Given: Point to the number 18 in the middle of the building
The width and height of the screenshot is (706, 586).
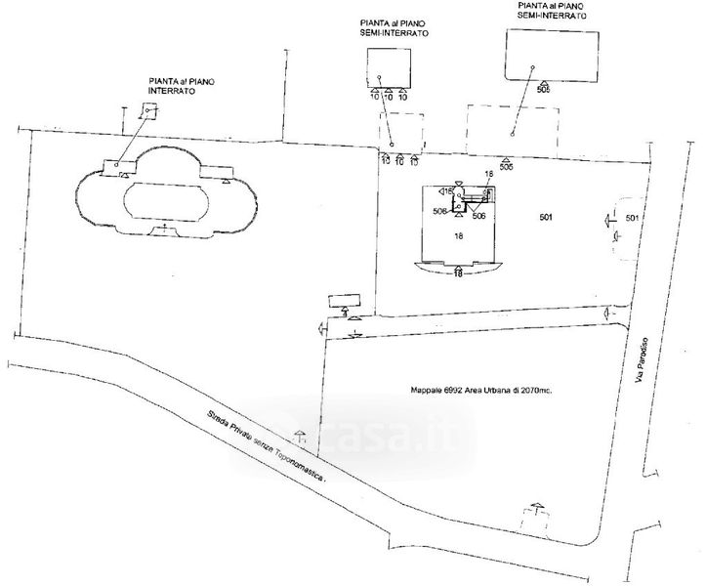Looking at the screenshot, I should pyautogui.click(x=458, y=235).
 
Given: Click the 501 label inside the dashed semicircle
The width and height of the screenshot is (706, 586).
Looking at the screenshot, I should pyautogui.click(x=631, y=217).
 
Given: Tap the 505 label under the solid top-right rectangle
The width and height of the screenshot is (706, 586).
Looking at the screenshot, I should pyautogui.click(x=544, y=89).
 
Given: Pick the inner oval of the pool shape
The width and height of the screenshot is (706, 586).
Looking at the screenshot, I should pyautogui.click(x=162, y=200).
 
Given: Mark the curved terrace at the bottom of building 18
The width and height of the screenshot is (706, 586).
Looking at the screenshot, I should pyautogui.click(x=458, y=266).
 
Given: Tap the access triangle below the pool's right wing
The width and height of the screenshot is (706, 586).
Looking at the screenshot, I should pyautogui.click(x=227, y=180).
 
